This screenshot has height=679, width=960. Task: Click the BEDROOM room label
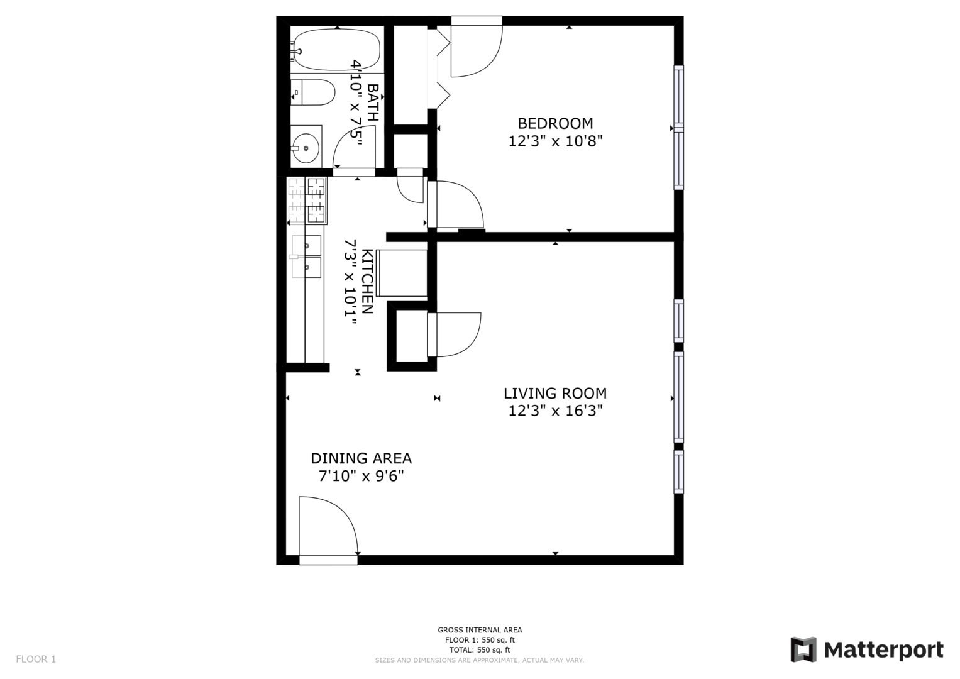555,123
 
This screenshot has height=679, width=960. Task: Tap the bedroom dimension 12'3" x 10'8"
555,141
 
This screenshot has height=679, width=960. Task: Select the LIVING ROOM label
555,393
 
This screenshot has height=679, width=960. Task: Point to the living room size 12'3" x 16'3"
555,411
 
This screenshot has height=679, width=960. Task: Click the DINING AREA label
361,458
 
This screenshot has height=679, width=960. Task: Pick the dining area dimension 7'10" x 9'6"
361,476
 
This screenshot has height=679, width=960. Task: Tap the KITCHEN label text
367,281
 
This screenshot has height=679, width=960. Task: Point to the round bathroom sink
306,148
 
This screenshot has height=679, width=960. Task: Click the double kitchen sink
306,257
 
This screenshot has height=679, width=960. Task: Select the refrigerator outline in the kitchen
402,273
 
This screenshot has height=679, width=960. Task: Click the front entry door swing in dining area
328,530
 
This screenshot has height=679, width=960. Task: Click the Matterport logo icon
803,649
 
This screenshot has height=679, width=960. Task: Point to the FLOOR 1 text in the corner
36,659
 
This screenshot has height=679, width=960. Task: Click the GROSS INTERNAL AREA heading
480,630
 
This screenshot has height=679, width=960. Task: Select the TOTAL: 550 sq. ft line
480,649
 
